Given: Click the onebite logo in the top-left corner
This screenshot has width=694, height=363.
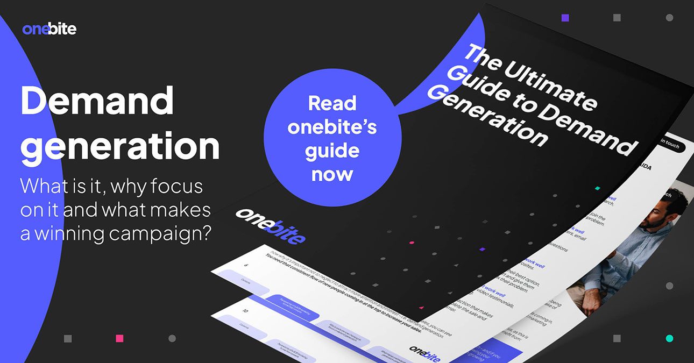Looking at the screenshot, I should tap(49, 29).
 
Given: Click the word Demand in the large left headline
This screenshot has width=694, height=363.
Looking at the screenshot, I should tap(97, 101).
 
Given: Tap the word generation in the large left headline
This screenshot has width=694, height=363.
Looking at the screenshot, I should tap(120, 146).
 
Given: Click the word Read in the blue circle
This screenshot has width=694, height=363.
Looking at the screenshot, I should tap(332, 103).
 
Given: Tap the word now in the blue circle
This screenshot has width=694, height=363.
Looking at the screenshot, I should tap(332, 174).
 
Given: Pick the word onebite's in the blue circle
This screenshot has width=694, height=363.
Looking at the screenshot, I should tap(332, 127).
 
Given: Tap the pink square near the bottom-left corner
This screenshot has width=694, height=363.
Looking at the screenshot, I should tap(119, 338).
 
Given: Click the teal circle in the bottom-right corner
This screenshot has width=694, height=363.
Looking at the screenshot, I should tap(669, 338).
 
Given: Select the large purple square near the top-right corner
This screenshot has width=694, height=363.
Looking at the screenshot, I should tap(565, 18).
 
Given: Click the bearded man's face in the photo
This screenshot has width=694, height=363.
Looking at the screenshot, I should tap(667, 212).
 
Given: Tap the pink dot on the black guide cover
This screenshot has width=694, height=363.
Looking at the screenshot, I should tap(412, 243).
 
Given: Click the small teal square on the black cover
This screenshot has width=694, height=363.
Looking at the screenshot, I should tap(597, 189).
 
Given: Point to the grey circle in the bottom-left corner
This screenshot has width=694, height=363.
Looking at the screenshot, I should tap(172, 338).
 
